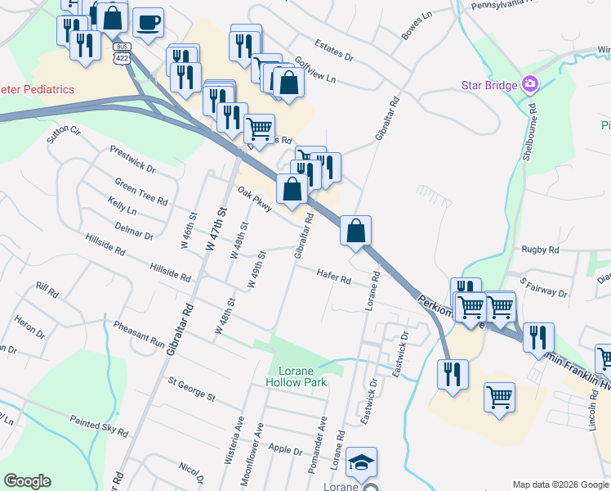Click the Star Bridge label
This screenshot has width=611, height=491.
pos(489,85)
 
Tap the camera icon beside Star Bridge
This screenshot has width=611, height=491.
pos(531,84)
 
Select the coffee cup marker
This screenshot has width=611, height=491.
pos(148,23)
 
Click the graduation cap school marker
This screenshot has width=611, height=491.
pos(361,463)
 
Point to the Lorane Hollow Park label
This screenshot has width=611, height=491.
pos(297,376)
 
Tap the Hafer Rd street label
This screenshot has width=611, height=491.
pos(334,278)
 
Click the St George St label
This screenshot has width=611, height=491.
pos(190,388)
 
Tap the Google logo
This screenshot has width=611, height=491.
pos(27,481)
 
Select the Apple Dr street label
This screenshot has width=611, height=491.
pos(285,449)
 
